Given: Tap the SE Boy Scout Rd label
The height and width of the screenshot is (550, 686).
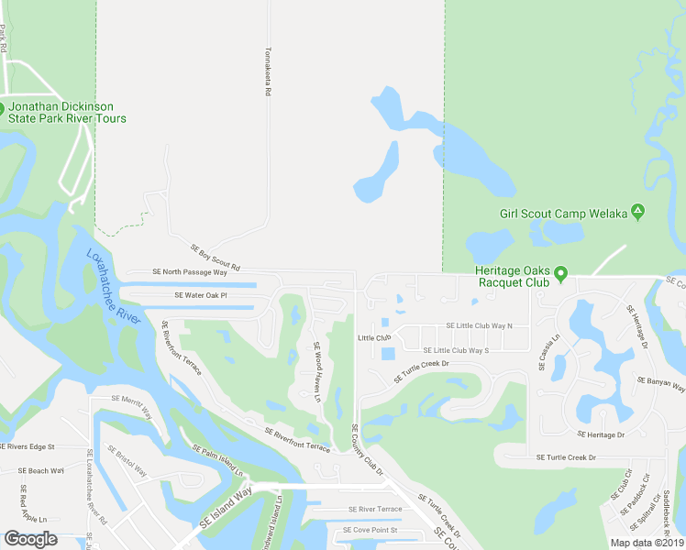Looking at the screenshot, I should [215, 257].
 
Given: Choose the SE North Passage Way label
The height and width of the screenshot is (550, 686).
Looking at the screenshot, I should [190, 272].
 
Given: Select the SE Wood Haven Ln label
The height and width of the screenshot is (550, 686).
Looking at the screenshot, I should [317, 372].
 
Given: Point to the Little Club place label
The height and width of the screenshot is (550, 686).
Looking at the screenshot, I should [374, 338].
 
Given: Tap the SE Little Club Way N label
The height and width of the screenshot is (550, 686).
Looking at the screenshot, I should [479, 325].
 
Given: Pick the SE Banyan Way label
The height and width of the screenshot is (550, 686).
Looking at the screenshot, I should [660, 382].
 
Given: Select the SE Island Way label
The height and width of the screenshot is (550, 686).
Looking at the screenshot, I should [224, 510].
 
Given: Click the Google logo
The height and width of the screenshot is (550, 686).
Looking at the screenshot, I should [30, 539].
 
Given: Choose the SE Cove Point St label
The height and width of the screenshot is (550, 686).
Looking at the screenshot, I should [370, 530].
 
